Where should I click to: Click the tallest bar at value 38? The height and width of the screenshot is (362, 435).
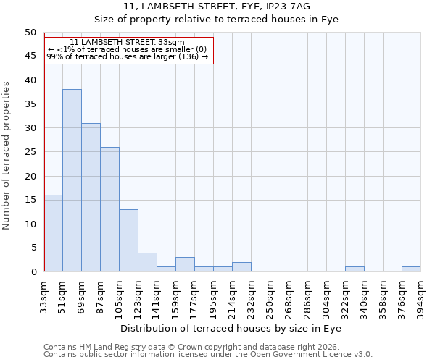pos(72,180)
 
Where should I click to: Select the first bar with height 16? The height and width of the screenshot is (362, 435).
pos(53,233)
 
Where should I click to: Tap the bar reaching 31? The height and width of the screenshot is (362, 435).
pos(91,197)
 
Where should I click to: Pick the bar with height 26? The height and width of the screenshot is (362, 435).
pos(109,209)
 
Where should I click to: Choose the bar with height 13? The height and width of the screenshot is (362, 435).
pos(128,240)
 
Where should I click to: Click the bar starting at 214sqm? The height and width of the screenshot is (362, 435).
pos(241,267)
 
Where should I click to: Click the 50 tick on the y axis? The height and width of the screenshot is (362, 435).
pos(30,33)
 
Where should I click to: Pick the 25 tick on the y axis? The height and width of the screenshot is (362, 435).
pos(30,152)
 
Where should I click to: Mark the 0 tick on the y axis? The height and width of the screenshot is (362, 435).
pos(33,271)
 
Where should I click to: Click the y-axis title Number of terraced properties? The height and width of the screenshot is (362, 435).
pos(7,156)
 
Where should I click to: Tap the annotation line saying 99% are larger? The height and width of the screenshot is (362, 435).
pos(128,56)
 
